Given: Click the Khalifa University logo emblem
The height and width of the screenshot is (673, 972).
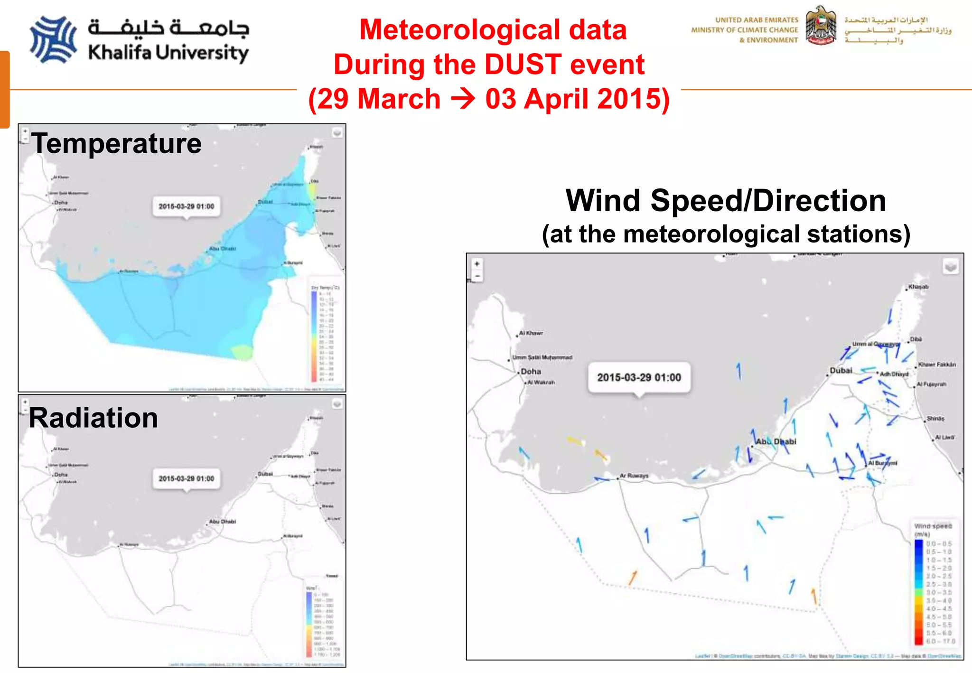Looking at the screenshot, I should pos(53,40).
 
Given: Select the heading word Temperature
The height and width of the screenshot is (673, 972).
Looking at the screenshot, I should pos(117,143).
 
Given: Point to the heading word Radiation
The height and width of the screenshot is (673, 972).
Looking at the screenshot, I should pos(93,418).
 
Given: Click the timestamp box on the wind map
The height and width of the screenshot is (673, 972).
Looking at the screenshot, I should pos(639,377).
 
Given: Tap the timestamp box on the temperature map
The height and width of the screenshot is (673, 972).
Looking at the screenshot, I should pos(186,206).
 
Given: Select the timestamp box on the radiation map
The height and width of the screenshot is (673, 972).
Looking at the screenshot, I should pos(186,478).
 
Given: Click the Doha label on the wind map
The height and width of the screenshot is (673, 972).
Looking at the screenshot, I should pos(531,372).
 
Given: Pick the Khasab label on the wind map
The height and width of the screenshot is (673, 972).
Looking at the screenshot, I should pos(918,287).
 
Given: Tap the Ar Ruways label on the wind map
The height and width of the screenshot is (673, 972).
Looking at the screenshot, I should pos(634,476).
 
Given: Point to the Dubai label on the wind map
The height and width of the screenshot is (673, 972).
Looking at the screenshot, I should pos(841,370).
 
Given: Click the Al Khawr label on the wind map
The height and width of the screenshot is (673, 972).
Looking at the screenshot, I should pos(531,333).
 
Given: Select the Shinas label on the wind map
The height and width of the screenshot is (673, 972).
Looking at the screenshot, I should pos(935,419).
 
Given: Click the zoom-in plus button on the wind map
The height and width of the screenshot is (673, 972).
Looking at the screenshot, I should pos(477,264).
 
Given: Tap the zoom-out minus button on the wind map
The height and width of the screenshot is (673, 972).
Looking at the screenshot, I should pos(477,276).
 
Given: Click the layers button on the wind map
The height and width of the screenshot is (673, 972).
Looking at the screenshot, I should pos(951,267).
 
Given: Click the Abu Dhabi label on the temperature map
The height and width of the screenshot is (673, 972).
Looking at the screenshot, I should pos(222,249).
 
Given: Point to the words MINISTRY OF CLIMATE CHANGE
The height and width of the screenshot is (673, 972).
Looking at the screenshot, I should pos(744,30).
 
